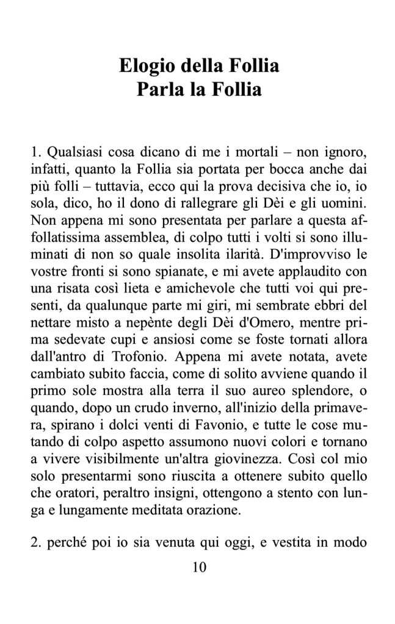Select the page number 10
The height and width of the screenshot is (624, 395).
[x=198, y=567]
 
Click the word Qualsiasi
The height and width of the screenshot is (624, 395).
[x=72, y=150]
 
